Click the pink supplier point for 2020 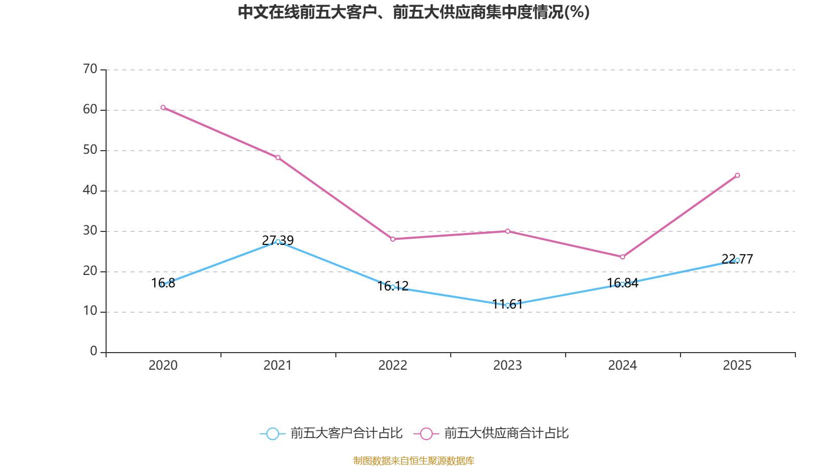pos(163,108)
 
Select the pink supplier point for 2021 pos(278,157)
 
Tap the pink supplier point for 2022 pos(393,239)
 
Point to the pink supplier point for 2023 pos(508,231)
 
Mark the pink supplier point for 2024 pos(623,257)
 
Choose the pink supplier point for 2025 pos(737,175)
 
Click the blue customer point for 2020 pos(163,284)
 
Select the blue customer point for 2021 pos(278,241)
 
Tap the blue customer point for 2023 pos(508,305)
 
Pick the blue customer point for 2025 pos(737,260)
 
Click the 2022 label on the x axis pos(393,366)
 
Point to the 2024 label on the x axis pos(623,366)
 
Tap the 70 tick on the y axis pos(90,69)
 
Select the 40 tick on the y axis pos(90,190)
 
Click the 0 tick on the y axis pos(94,352)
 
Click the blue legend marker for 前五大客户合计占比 pos(272,433)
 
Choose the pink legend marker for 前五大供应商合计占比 pos(426,433)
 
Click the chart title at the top pos(413,12)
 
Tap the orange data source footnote pos(413,460)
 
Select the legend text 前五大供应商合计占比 pos(506,433)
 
